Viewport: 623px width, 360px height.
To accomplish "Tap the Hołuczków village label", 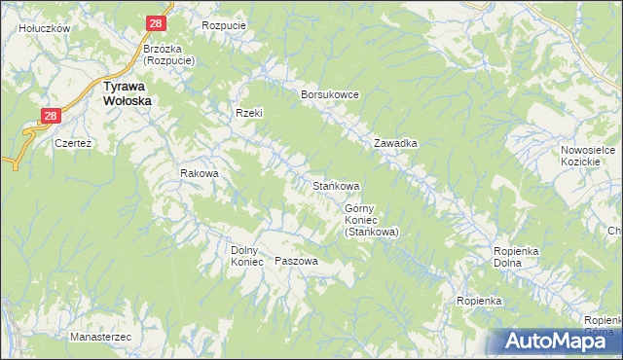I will coord(45,28).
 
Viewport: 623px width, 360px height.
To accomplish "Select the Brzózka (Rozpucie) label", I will coord(168,54).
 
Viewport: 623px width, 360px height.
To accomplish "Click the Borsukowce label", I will coord(331,94).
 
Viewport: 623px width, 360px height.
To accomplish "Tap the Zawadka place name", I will coord(396,143).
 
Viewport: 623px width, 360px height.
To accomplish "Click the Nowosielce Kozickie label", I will coord(585,156).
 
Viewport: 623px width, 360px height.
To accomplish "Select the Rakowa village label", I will coord(200,173).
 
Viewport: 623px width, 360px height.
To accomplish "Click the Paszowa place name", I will coord(297,261).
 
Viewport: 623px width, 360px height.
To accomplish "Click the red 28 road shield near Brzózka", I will coord(157,22).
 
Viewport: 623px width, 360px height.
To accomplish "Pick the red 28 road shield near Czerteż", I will coord(52,116).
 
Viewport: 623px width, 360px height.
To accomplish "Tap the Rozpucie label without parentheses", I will coord(223,25).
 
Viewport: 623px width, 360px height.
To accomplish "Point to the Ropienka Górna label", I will coord(603,325).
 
